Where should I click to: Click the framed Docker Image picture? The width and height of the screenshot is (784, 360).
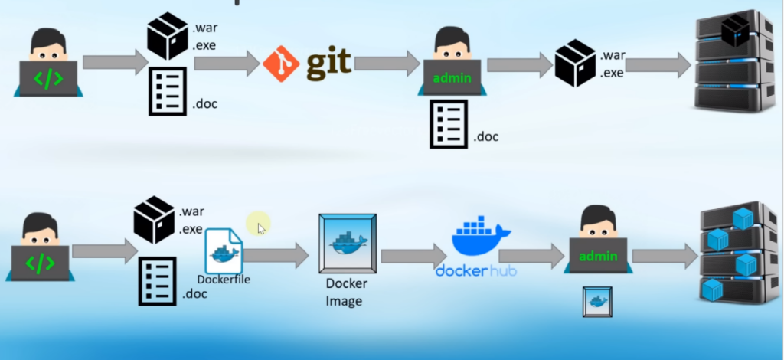(348, 244)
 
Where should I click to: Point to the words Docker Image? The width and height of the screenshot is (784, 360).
(347, 292)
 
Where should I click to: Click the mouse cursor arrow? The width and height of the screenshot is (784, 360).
(262, 228)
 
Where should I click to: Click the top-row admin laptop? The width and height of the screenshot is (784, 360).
(452, 77)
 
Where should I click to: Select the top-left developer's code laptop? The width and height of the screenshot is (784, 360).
(48, 78)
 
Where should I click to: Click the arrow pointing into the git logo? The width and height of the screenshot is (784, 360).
(227, 64)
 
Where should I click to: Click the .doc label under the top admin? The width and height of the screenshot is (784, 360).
(485, 137)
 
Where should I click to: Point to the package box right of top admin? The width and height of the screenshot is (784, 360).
(576, 63)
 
